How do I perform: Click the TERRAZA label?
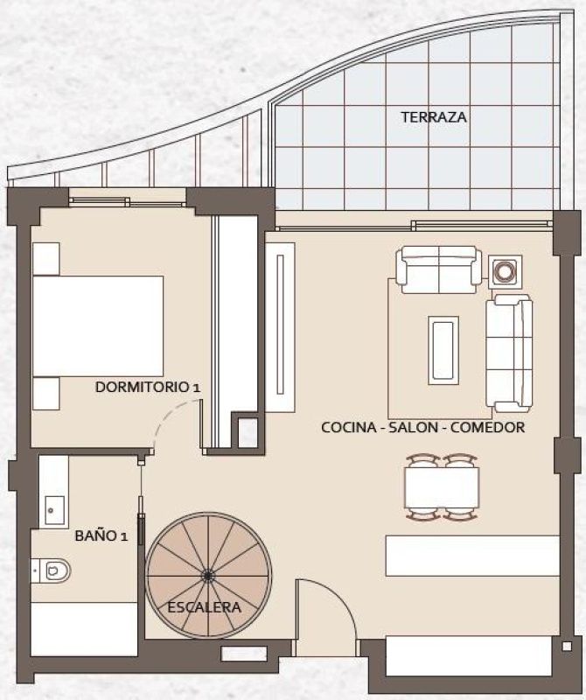(x=434, y=117)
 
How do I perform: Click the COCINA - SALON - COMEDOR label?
(x=422, y=428)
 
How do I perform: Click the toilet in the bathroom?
(x=53, y=570)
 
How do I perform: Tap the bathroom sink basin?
(x=52, y=507)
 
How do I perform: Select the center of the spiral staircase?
(x=208, y=575)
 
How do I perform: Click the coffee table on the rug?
(x=443, y=350)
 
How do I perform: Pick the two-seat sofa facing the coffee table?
(x=438, y=267)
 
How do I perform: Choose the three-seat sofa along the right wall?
(x=509, y=353)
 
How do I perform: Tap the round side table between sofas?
(x=506, y=271)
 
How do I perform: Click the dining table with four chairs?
(x=442, y=487)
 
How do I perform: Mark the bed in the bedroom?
(x=98, y=326)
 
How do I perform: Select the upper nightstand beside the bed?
(x=45, y=259)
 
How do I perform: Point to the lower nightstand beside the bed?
(x=45, y=394)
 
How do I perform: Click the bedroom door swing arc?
(x=163, y=428)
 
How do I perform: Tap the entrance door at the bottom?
(x=325, y=612)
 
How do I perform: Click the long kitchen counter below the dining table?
(x=471, y=556)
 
